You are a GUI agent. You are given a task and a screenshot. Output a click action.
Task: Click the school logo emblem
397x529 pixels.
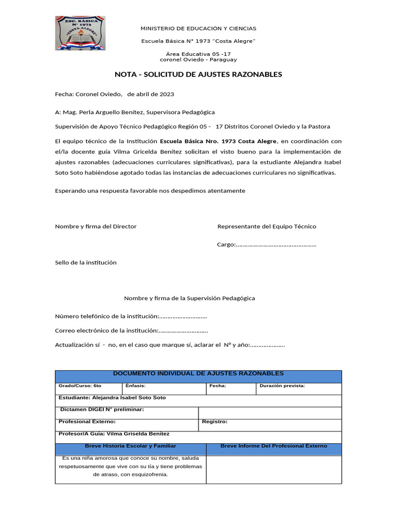coord(80,33)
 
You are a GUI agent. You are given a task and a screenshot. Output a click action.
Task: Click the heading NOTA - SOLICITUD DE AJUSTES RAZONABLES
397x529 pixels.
coord(198,74)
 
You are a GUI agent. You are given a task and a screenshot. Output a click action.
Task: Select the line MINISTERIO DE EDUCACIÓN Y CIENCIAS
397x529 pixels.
coord(198,28)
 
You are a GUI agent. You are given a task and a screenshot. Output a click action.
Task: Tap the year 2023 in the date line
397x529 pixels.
coord(166,94)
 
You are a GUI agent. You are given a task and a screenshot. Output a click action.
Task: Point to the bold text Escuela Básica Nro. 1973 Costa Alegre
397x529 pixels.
coord(219,141)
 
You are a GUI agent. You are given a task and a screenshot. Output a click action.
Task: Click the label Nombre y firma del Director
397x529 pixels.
coord(96,226)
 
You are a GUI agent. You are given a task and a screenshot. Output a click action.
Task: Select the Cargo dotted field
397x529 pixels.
coord(276,245)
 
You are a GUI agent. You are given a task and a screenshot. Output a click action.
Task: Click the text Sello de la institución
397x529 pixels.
coord(86,262)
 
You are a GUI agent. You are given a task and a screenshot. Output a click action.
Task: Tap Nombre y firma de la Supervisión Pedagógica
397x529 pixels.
coord(189,298)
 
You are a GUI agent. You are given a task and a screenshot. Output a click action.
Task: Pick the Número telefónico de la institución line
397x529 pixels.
coord(131,316)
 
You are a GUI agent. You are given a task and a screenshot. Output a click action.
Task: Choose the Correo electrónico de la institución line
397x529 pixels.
coord(131,331)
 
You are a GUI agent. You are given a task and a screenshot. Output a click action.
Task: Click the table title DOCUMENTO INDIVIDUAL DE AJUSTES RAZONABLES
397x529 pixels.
coord(198,374)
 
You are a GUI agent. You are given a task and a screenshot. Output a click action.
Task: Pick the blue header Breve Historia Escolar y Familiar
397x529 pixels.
coord(130,446)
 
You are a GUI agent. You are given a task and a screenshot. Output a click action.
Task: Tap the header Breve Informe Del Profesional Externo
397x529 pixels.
coord(273,446)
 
